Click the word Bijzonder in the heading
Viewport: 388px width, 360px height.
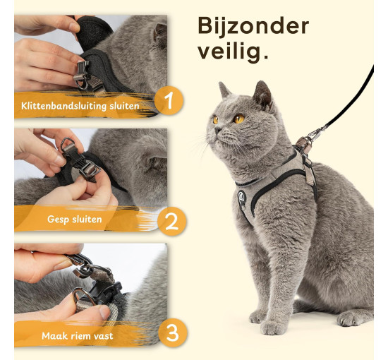click(x=253, y=26)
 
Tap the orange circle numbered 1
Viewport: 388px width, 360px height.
click(x=169, y=100)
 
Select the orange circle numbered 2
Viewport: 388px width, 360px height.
click(x=171, y=221)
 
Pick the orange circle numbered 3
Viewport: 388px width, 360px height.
click(x=172, y=332)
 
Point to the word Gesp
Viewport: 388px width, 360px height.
click(x=56, y=220)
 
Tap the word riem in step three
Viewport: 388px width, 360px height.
click(x=80, y=336)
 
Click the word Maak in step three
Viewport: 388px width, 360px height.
click(x=53, y=336)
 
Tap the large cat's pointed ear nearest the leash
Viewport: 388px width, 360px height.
click(x=262, y=94)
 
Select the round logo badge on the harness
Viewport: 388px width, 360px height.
click(x=242, y=198)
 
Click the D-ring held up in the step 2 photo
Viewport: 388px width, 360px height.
click(x=68, y=143)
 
